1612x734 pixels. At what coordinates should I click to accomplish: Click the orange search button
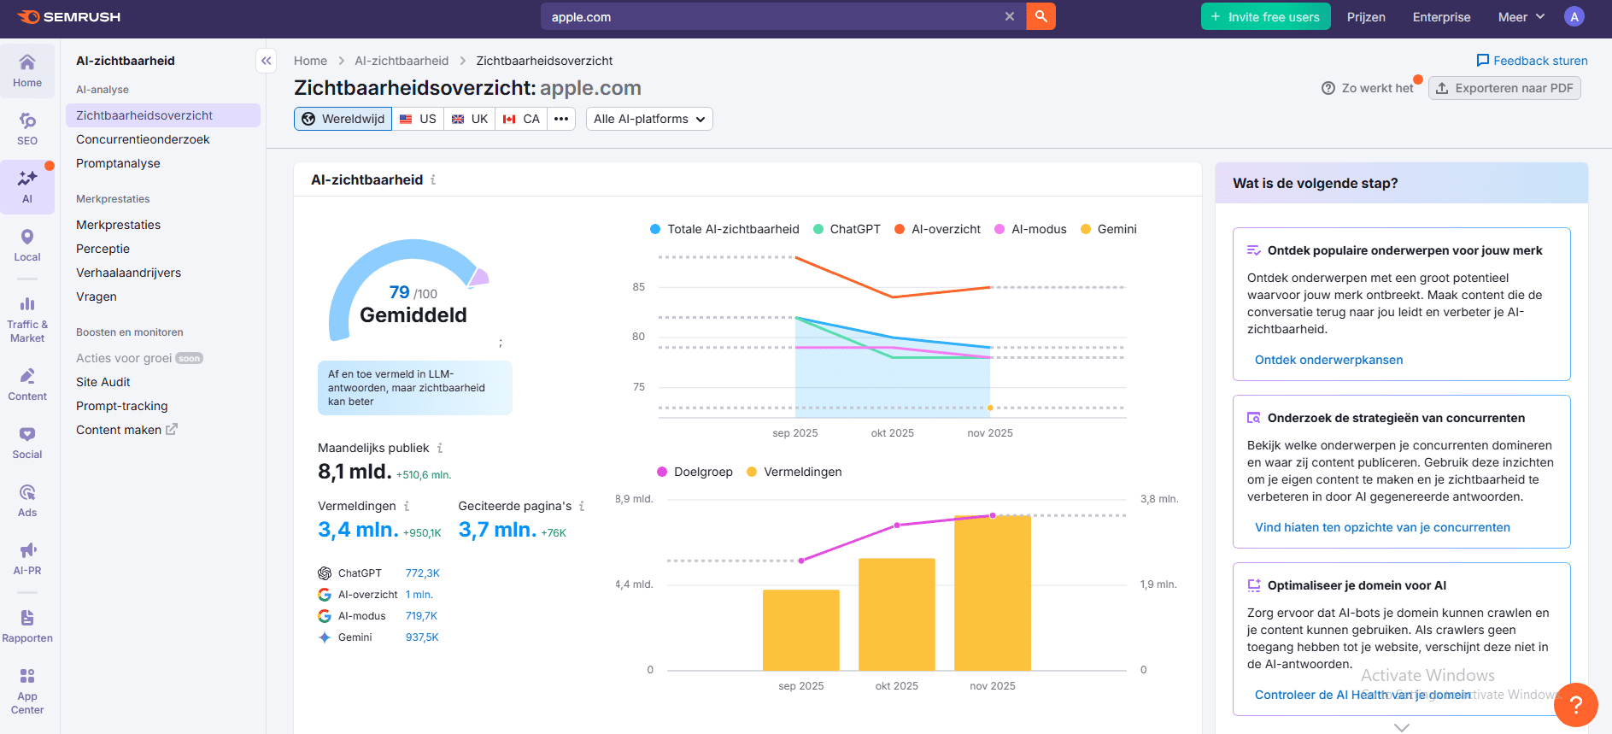pos(1040,16)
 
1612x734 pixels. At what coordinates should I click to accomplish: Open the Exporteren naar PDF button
pos(1504,88)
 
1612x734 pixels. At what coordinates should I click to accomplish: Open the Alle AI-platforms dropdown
pos(649,119)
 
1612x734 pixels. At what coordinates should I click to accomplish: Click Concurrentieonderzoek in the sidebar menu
pos(143,139)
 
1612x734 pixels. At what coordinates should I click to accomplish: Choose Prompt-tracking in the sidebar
pos(122,406)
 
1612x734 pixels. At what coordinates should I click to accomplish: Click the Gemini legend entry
pos(1109,229)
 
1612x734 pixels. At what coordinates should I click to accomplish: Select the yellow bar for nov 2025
pos(992,593)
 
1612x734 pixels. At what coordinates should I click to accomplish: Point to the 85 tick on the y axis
pos(639,287)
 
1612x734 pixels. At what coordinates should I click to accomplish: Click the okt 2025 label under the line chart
pos(892,433)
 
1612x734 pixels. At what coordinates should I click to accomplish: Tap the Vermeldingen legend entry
pos(794,472)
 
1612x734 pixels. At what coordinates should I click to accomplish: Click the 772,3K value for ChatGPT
pos(422,573)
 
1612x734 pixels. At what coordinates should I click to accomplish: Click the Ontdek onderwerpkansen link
pos(1328,360)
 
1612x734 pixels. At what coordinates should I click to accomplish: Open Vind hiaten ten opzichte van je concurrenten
pos(1381,527)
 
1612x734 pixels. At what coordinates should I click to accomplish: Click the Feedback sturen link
pos(1532,61)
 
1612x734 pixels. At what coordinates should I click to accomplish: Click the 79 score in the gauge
pos(399,292)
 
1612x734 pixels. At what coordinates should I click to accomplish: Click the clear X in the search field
pos(1010,16)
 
